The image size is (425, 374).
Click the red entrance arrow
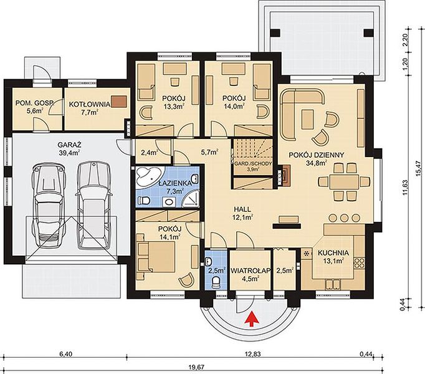click(252, 319)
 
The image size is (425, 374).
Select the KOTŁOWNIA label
click(90, 104)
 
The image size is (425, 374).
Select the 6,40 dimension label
click(65, 355)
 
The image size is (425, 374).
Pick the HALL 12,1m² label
click(242, 213)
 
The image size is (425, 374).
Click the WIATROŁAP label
click(251, 271)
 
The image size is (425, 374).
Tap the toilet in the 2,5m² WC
click(216, 283)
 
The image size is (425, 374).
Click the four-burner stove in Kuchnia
click(360, 262)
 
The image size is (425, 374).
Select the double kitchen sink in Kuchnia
click(332, 285)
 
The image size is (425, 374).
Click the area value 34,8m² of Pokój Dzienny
click(317, 163)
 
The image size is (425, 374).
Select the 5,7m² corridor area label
click(210, 153)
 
